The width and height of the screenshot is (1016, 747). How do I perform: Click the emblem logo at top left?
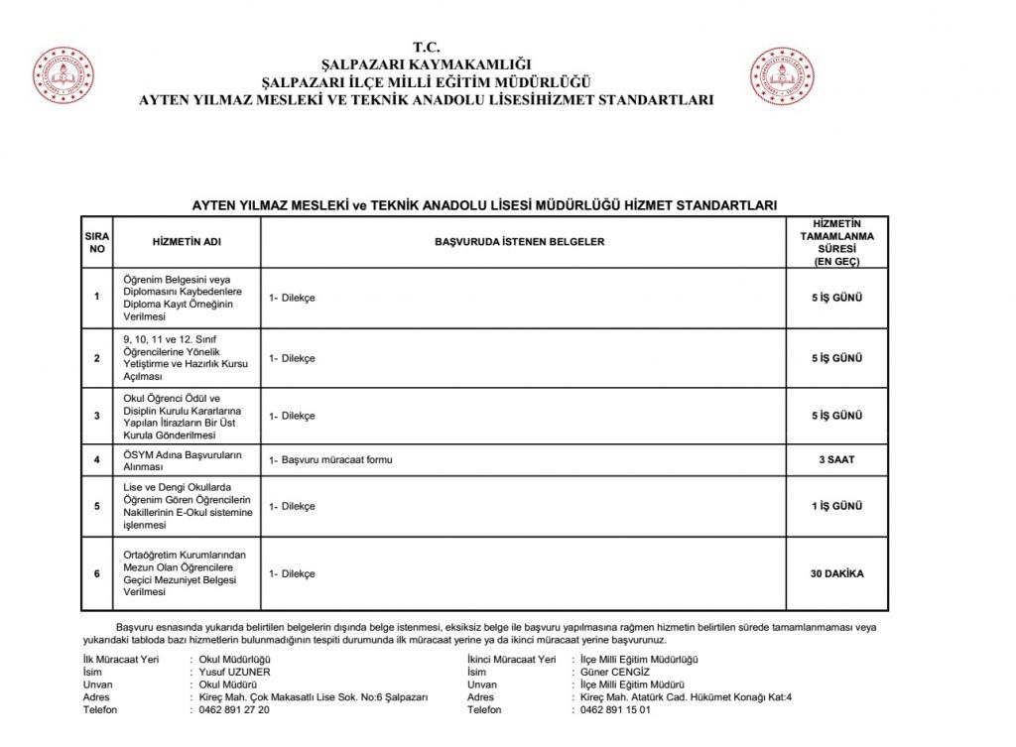tap(63, 75)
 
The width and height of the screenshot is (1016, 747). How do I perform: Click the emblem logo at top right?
tap(782, 75)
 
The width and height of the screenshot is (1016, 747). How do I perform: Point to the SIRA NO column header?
tap(96, 242)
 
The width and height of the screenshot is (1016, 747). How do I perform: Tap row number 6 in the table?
tap(96, 573)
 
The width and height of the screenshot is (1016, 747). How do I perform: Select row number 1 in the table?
tap(96, 297)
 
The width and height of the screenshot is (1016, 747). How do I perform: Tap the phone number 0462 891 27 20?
tap(234, 710)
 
